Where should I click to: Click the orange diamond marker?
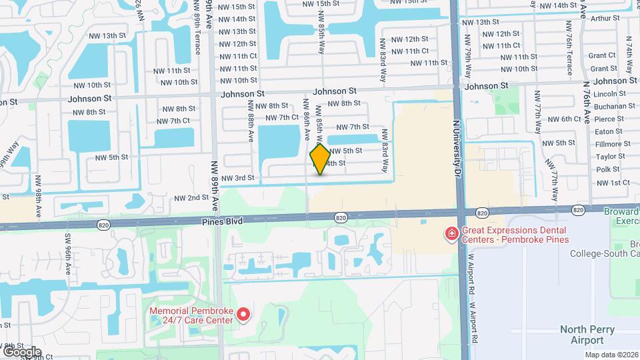pos(320,159)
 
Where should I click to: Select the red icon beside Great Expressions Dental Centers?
pos(451,233)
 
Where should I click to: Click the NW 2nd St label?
pos(191,198)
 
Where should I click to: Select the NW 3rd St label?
pos(238,178)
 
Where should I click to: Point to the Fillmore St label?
pos(612,143)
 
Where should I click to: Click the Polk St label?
pos(607,169)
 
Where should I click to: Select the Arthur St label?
pos(606,19)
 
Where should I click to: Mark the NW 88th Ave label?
pos(251,121)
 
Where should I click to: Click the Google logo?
pos(22,351)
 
